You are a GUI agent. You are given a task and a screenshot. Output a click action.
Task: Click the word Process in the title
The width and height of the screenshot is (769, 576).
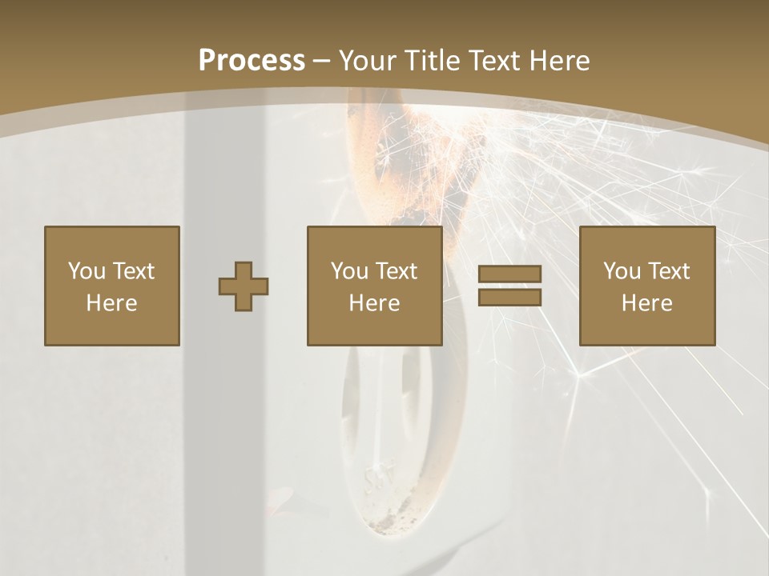[x=252, y=60]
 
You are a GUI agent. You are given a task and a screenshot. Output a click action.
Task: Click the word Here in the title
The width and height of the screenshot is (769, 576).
[x=561, y=60]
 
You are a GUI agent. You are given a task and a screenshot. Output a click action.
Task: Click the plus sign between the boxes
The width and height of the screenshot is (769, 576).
[x=244, y=286]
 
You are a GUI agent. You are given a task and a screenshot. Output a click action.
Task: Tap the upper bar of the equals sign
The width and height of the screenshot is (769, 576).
[x=509, y=274]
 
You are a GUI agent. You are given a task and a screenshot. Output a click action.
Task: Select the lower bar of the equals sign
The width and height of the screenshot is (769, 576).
[x=509, y=298]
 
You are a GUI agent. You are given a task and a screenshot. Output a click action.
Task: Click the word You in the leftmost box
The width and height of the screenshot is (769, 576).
[x=87, y=271]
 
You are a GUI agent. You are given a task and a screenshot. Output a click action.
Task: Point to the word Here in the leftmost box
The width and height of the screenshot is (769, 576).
[x=111, y=303]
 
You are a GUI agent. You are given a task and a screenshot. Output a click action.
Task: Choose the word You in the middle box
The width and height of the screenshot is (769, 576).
[x=349, y=271]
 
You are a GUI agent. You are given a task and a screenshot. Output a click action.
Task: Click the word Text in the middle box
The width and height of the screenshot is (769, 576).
[x=396, y=271]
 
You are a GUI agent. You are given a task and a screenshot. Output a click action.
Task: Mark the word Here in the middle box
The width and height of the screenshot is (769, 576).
[x=374, y=303]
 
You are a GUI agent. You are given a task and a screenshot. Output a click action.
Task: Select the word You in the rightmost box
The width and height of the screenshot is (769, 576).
[x=622, y=271]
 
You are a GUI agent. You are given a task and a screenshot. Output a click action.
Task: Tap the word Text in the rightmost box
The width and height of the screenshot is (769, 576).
[x=668, y=271]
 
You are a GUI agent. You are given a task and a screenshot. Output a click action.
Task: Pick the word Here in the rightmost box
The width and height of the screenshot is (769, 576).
[x=646, y=303]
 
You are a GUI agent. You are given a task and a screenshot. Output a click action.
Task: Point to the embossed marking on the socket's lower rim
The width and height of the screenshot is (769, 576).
[x=376, y=481]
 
